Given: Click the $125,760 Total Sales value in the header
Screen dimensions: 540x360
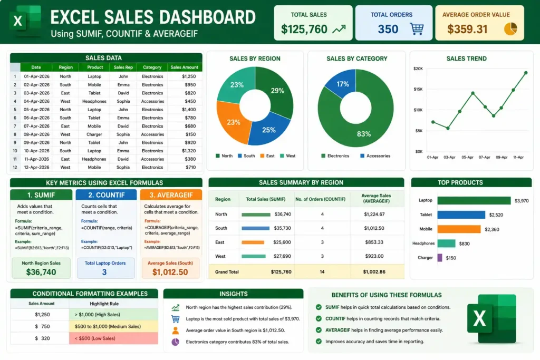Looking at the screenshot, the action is click(x=304, y=30).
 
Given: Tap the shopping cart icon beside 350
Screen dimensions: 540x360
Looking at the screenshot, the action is click(x=417, y=29).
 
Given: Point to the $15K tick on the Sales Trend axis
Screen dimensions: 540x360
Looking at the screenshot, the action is click(x=418, y=89).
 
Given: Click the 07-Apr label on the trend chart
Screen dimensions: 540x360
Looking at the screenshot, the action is click(x=484, y=157).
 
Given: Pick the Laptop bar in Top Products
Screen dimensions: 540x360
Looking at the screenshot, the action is click(x=474, y=200).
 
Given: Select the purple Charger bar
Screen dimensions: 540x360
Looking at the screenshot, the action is click(x=440, y=257).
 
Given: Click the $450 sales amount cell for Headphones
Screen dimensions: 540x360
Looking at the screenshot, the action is click(x=190, y=101).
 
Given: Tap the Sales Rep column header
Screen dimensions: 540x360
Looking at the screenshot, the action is click(x=123, y=67).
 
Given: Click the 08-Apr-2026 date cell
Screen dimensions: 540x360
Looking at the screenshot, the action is click(x=36, y=134).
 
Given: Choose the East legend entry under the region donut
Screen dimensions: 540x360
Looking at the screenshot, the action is click(x=267, y=156).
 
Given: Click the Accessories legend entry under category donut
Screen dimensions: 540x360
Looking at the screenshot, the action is click(x=375, y=156).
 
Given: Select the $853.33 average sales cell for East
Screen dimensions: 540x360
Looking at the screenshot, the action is click(x=374, y=242).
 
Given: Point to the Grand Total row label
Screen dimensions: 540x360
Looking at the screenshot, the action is click(x=227, y=272).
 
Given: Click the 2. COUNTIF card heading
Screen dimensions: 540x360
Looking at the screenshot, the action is click(x=106, y=195).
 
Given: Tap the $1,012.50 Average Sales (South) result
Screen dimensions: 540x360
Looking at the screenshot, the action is click(x=170, y=272).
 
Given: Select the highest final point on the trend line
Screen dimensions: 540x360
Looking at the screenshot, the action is click(x=526, y=73).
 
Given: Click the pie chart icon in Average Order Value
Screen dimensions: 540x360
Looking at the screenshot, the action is click(x=510, y=29).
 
